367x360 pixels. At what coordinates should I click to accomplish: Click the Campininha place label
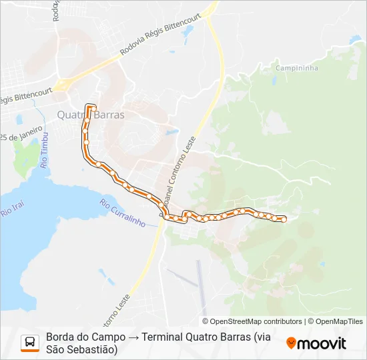(x=296, y=68)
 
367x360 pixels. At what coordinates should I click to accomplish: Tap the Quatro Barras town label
(x=91, y=114)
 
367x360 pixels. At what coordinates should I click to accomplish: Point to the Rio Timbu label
(x=45, y=155)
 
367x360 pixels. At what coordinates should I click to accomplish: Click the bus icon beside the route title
(x=30, y=343)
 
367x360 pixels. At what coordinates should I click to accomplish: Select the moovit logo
(x=316, y=343)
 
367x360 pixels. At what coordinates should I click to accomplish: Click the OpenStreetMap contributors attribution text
(x=256, y=321)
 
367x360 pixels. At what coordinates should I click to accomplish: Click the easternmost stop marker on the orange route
(x=284, y=219)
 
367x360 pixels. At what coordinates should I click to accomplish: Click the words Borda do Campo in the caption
(x=83, y=337)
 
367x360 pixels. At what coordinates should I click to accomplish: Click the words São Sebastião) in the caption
(x=81, y=349)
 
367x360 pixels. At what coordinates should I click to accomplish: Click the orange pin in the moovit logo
(x=291, y=343)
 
